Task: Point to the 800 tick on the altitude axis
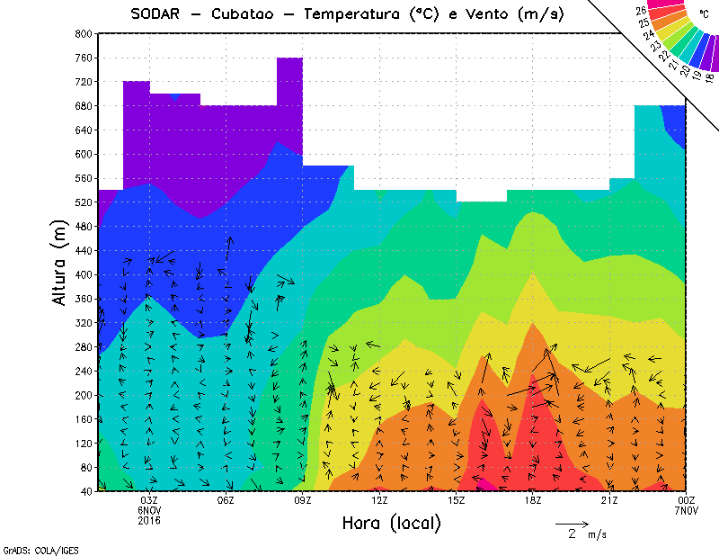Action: [82, 33]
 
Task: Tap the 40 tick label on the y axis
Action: [84, 491]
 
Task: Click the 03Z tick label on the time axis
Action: [149, 500]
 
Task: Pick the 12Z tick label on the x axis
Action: [379, 500]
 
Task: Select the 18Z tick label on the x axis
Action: [533, 500]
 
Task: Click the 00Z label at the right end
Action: [686, 500]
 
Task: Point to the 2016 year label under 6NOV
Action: [149, 520]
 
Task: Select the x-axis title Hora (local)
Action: [391, 523]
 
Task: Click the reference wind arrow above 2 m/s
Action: [571, 523]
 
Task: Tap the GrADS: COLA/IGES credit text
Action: [32, 549]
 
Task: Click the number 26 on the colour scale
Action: [642, 11]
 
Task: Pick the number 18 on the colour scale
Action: [710, 77]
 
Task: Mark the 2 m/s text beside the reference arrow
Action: [585, 534]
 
